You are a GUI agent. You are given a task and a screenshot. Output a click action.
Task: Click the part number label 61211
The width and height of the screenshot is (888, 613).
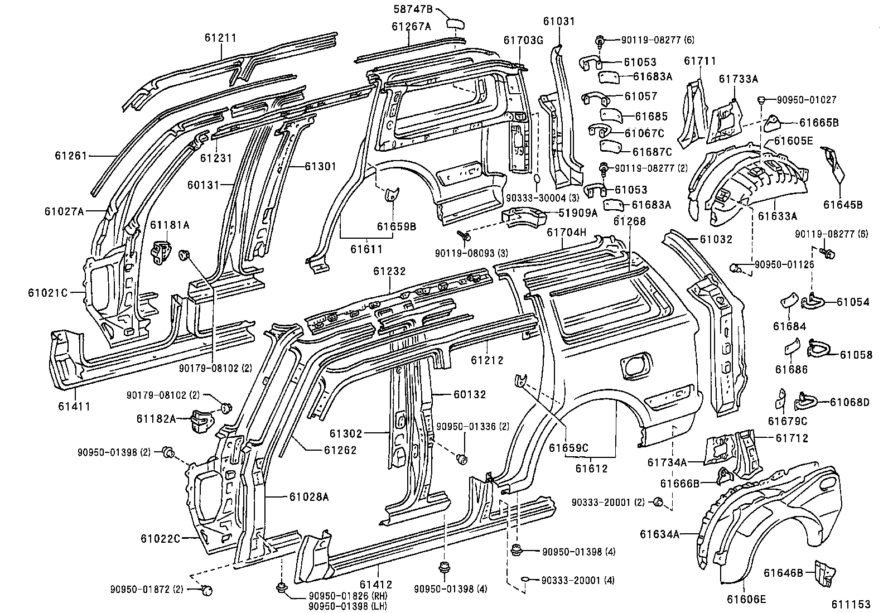tap(220, 38)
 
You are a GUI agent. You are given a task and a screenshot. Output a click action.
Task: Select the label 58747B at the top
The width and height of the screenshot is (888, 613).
tap(413, 9)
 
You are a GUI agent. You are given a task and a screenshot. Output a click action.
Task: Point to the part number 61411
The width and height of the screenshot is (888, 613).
tap(74, 406)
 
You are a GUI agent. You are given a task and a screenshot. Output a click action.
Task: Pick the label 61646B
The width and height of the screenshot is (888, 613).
tap(784, 573)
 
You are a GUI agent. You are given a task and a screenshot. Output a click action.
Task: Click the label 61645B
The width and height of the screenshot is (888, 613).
tap(843, 205)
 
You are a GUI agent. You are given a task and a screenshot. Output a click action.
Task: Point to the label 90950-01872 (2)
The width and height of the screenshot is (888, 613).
tap(147, 589)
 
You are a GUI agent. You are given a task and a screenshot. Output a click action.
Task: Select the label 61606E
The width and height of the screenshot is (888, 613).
tap(746, 600)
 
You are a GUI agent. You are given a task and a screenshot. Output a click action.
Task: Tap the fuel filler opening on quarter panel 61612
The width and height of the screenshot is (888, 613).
tap(634, 365)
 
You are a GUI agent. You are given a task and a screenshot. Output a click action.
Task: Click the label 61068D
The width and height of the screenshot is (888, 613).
tap(850, 402)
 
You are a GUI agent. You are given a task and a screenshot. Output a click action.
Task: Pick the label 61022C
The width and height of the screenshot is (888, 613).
tap(161, 539)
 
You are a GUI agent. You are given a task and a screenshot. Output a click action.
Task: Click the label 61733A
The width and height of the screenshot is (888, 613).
tap(738, 79)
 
